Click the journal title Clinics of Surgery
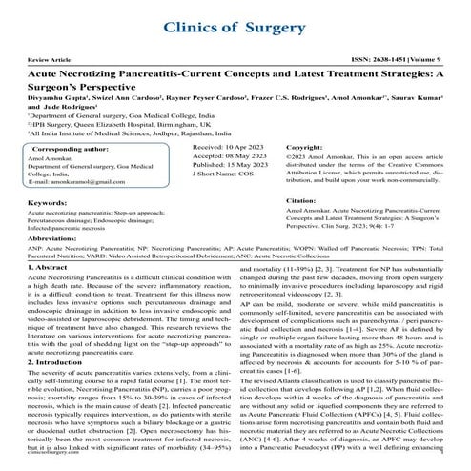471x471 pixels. pyautogui.click(x=235, y=28)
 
